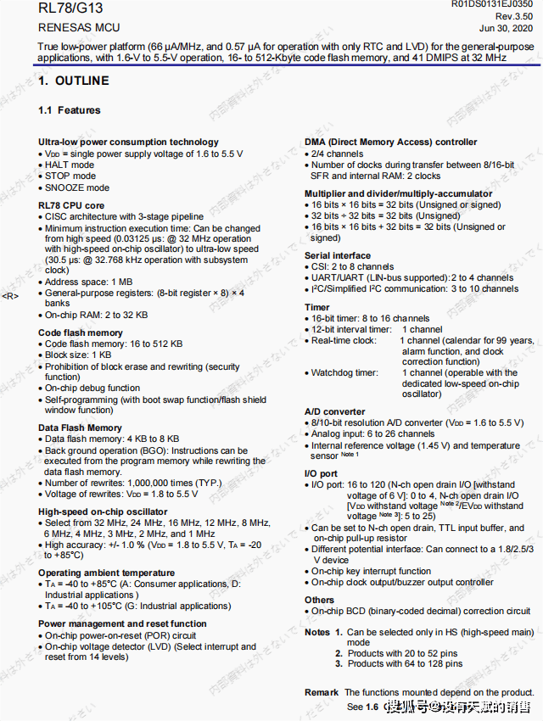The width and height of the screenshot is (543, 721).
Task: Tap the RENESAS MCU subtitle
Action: (x=80, y=27)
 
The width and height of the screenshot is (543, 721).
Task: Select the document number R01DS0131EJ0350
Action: (x=492, y=5)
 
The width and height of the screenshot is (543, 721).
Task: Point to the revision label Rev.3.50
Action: (x=514, y=17)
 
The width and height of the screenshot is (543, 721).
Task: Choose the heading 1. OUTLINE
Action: (x=74, y=81)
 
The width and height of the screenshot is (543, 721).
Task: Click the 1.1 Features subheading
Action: (x=70, y=110)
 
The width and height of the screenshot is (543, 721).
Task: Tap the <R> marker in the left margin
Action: (x=10, y=295)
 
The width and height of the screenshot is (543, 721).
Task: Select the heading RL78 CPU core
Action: (x=71, y=205)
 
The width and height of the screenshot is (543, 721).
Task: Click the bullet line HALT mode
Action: (x=70, y=165)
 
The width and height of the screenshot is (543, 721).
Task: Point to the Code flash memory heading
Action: (x=81, y=333)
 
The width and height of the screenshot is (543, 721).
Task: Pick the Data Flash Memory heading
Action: (x=80, y=428)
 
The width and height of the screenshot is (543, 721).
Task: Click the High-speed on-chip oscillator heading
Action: (x=103, y=511)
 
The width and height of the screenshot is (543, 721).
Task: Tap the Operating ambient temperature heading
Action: (x=106, y=573)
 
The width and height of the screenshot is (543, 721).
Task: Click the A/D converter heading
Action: (x=335, y=411)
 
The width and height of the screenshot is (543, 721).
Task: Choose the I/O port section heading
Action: (x=321, y=473)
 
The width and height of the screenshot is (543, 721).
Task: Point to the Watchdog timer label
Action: (x=344, y=372)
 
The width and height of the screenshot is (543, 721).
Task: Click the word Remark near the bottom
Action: (x=322, y=693)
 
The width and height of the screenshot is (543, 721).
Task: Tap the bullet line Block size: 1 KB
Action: (x=78, y=355)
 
